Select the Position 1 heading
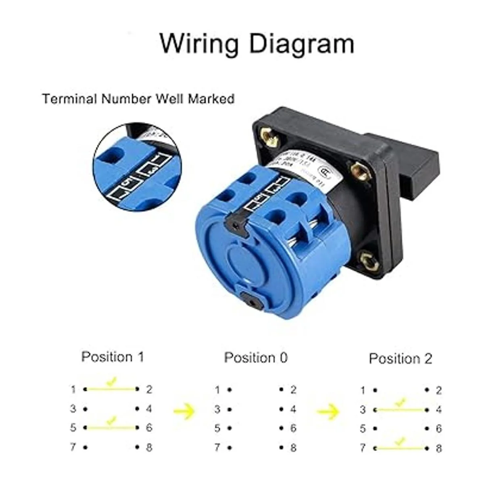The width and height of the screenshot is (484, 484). [x=113, y=357]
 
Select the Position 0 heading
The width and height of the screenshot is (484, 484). [x=256, y=357]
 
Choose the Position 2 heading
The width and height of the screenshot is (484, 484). [x=401, y=358]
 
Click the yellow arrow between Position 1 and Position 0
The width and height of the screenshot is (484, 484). [x=184, y=411]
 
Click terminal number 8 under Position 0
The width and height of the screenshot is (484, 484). [x=293, y=447]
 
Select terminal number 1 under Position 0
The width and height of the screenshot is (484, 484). [x=217, y=390]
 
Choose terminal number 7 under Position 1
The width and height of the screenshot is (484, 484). [x=73, y=447]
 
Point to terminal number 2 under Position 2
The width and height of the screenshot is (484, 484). [x=438, y=390]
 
